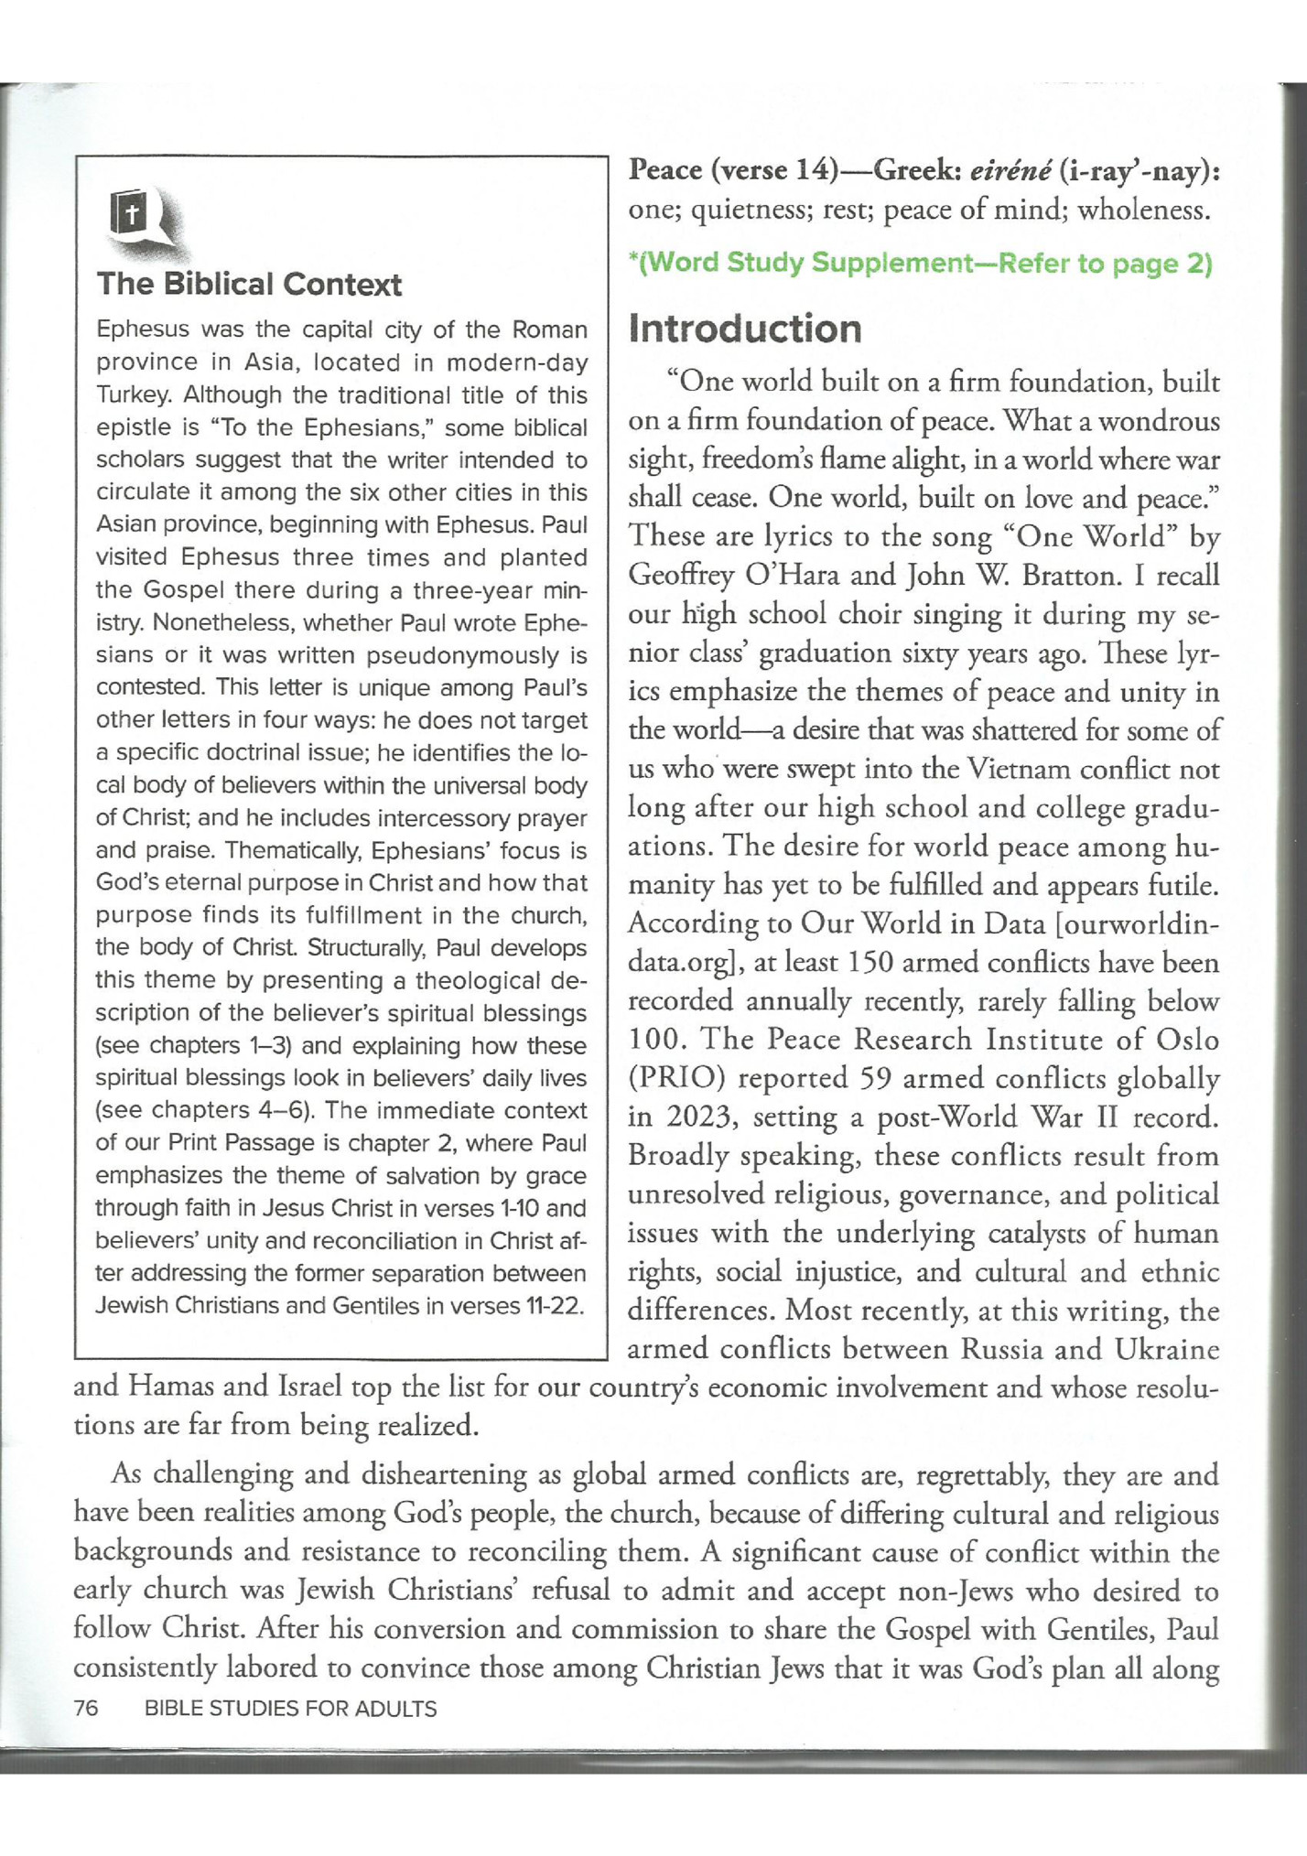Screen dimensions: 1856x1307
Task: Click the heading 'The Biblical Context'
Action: coord(249,285)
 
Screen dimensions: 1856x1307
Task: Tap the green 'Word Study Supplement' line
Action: coord(920,264)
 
